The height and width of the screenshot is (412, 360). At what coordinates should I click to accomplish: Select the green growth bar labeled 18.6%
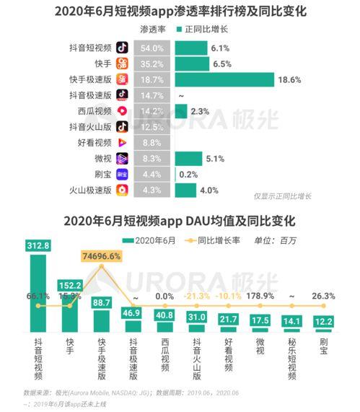[224, 79]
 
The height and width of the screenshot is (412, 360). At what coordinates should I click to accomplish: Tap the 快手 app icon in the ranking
[123, 63]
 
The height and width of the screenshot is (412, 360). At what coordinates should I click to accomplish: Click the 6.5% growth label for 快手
[221, 63]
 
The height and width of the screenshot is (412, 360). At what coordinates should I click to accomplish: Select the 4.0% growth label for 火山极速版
[209, 190]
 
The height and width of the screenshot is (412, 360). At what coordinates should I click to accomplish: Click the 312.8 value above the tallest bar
[38, 245]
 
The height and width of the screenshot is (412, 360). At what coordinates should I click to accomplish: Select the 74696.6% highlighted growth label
[102, 256]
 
